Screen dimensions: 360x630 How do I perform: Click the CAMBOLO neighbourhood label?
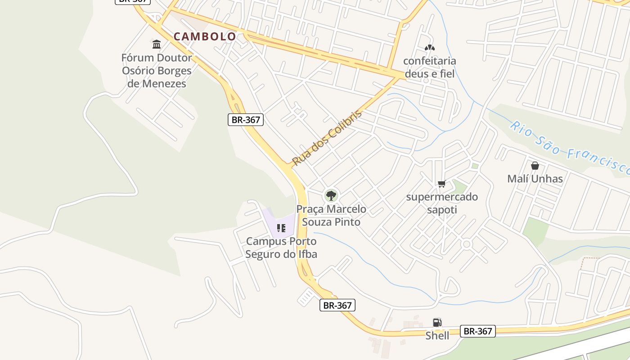pos(205,36)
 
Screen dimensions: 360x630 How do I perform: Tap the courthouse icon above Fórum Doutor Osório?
pos(157,44)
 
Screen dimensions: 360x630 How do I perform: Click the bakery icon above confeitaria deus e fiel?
pos(429,47)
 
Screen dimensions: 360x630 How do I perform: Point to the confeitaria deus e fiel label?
pos(429,67)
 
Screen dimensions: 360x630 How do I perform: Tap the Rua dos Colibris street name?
pos(327,138)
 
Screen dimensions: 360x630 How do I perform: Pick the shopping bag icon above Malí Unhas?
pos(535,166)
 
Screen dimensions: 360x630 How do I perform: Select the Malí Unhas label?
pos(535,179)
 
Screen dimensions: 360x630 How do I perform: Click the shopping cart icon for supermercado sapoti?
pos(441,184)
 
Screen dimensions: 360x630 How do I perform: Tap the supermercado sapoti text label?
pos(441,203)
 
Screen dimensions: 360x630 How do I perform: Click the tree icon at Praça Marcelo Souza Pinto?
pos(331,196)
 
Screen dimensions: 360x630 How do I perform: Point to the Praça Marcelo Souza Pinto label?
pos(331,216)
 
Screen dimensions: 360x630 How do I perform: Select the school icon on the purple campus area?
pos(281,228)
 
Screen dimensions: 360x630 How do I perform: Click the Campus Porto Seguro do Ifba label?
pos(281,248)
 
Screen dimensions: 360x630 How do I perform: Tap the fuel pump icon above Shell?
pos(437,322)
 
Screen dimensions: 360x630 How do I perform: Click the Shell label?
pos(437,336)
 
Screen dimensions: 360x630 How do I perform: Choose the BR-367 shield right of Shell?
pos(477,331)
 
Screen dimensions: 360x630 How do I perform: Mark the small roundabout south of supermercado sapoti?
pos(466,244)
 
